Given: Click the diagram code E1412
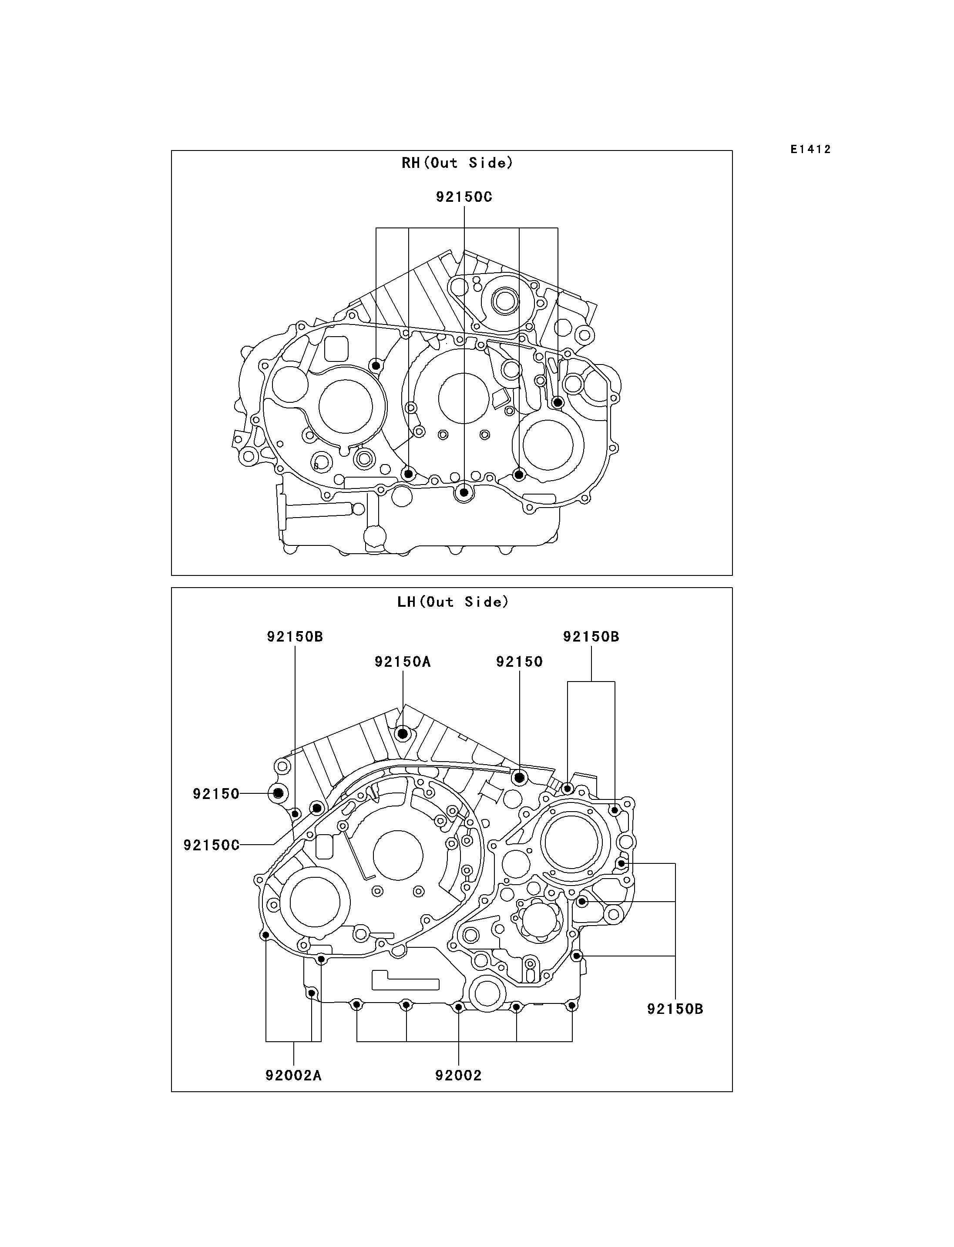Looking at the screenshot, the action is (x=810, y=149).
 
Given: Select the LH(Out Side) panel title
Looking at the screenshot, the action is (x=453, y=602).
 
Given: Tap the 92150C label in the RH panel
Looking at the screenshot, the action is (x=464, y=197).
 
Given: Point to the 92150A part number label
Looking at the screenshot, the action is (x=403, y=662).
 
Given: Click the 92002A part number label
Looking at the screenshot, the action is (x=294, y=1076).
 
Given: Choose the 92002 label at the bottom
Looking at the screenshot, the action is (x=458, y=1076).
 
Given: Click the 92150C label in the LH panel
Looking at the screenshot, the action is (x=211, y=845).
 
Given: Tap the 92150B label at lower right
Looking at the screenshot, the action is (x=675, y=1009).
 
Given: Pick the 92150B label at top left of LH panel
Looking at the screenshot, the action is (x=295, y=637).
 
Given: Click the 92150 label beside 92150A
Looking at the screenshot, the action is (x=520, y=662).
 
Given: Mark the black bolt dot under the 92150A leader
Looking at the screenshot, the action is (x=403, y=734).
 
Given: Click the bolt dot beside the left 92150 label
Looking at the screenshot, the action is (x=278, y=793).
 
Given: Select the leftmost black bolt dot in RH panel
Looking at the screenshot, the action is (x=375, y=365).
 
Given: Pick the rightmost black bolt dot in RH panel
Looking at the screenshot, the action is (x=558, y=402).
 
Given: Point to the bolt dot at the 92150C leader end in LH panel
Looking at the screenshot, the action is (x=317, y=808).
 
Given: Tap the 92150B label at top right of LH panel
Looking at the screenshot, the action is (x=591, y=637).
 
